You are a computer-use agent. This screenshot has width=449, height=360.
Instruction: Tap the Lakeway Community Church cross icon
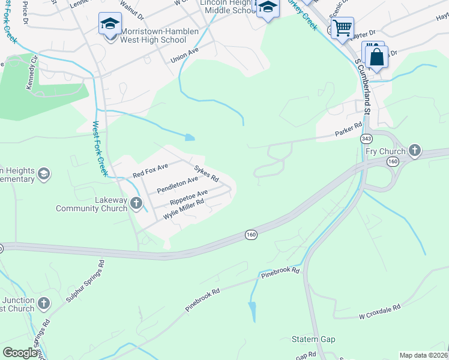136,203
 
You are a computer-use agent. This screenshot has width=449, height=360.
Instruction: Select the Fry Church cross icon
414,150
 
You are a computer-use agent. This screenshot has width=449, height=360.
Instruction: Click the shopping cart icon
342,27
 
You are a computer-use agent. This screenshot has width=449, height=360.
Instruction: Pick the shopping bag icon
377,58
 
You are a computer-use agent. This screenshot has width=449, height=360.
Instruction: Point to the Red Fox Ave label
150,170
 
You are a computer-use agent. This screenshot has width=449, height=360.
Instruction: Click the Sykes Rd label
206,173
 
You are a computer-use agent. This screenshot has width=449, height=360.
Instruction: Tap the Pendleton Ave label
177,185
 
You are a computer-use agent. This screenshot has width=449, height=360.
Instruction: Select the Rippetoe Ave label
188,196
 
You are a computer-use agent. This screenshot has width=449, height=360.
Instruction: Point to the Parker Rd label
349,127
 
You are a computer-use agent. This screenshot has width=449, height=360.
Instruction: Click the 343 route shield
366,139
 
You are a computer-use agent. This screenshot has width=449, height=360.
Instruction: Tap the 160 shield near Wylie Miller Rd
251,234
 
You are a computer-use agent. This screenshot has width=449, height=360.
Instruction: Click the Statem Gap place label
313,340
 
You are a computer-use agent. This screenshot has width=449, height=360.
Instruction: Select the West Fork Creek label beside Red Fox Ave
100,149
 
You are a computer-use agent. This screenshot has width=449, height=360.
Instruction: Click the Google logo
20,353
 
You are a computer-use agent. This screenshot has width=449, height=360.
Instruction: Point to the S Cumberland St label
364,85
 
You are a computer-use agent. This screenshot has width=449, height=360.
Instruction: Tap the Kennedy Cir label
31,74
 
